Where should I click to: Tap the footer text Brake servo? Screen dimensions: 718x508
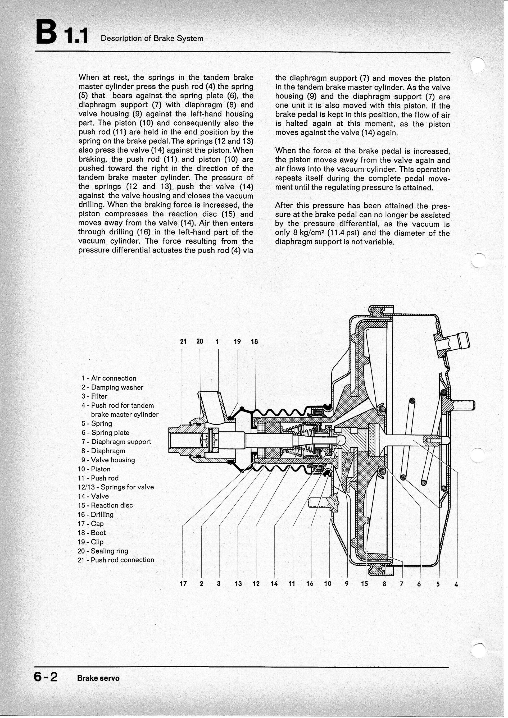[x=98, y=678]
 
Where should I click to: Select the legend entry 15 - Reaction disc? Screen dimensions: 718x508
[x=105, y=505]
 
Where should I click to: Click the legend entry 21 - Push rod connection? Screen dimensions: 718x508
[x=116, y=560]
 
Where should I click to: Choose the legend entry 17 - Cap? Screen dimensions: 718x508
[x=91, y=523]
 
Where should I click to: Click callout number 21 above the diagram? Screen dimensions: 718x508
[x=183, y=341]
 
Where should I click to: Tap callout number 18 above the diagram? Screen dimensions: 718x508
[x=254, y=341]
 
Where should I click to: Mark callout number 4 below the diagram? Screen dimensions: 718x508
[x=456, y=584]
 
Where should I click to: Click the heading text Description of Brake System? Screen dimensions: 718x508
[x=152, y=38]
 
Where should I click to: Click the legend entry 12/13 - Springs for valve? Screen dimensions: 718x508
[x=116, y=487]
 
